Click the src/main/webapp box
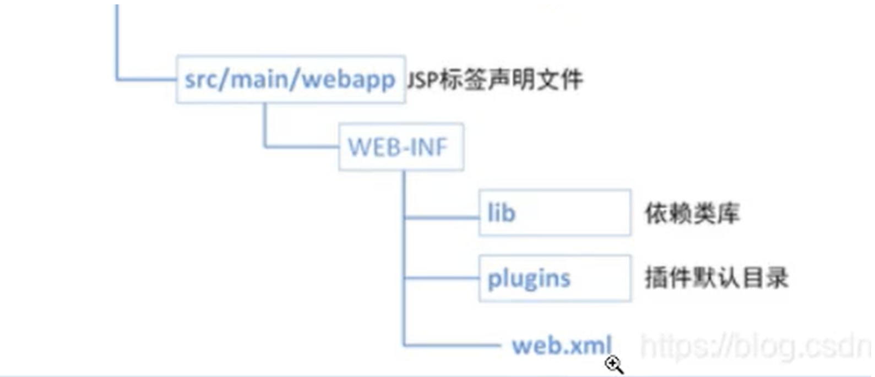(x=291, y=79)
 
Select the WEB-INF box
(x=401, y=147)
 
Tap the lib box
(x=555, y=213)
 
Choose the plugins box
(x=555, y=278)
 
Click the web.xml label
(x=562, y=346)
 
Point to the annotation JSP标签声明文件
(x=494, y=80)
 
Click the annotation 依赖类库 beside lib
(x=692, y=214)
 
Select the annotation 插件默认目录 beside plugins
(x=716, y=278)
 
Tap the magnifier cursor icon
(x=613, y=364)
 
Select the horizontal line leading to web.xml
(x=452, y=345)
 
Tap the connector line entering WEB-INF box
(x=302, y=147)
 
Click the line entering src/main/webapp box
(x=146, y=80)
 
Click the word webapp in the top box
(x=349, y=80)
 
